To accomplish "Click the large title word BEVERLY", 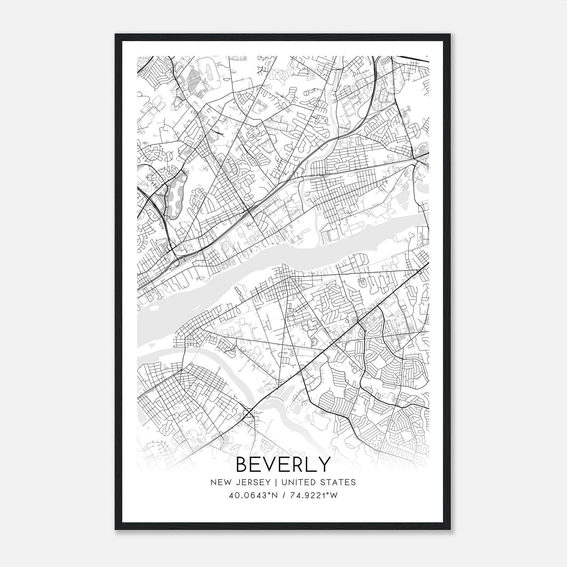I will pyautogui.click(x=283, y=464).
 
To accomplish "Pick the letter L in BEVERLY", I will pyautogui.click(x=311, y=464).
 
